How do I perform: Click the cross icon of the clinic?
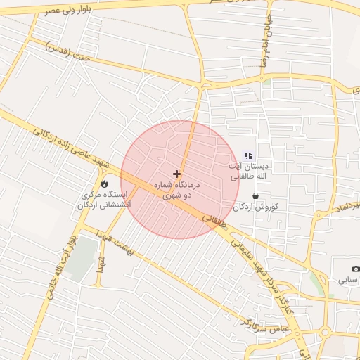click(176, 173)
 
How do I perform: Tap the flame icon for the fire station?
click(105, 184)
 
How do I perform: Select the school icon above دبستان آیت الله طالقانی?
click(247, 155)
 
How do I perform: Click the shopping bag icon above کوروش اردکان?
click(255, 196)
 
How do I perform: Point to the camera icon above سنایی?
click(356, 269)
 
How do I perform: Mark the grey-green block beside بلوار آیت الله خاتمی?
click(82, 257)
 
